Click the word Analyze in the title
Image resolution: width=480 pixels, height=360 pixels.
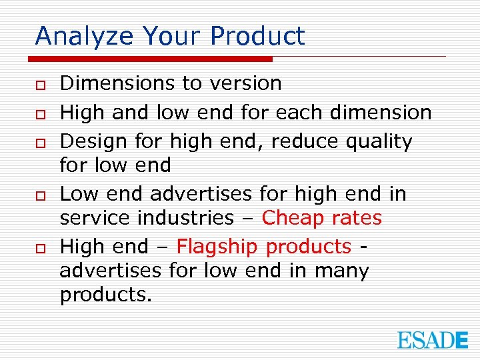click(x=75, y=36)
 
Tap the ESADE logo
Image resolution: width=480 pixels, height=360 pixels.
click(x=433, y=340)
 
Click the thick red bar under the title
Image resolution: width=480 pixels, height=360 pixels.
click(x=154, y=59)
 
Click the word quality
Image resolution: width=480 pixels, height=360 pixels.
click(x=381, y=142)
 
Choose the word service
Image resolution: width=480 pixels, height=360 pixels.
click(x=91, y=218)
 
